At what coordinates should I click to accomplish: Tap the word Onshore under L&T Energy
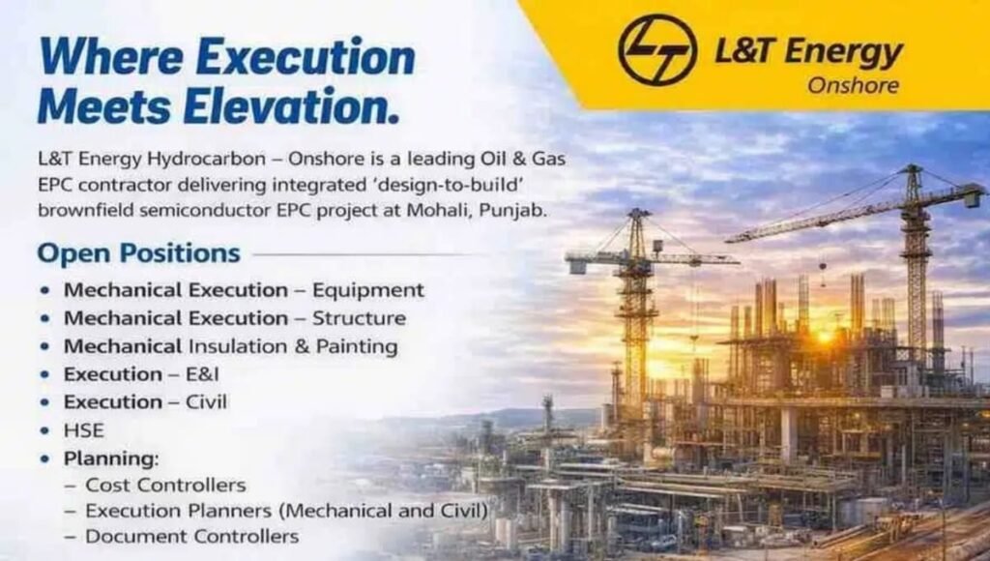[x=852, y=85]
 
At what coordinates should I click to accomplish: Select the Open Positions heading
[x=138, y=253]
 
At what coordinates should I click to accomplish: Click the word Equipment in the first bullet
[x=367, y=290]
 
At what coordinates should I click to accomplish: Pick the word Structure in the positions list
[x=359, y=318]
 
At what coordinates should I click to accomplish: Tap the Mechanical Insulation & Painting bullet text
[x=231, y=346]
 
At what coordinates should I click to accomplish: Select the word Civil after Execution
[x=205, y=401]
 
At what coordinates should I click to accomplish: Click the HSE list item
[x=84, y=429]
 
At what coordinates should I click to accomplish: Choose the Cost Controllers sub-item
[x=165, y=485]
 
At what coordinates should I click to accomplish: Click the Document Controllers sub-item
[x=191, y=536]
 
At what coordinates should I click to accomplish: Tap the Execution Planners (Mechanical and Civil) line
[x=286, y=510]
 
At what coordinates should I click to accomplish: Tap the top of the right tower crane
[x=912, y=174]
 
